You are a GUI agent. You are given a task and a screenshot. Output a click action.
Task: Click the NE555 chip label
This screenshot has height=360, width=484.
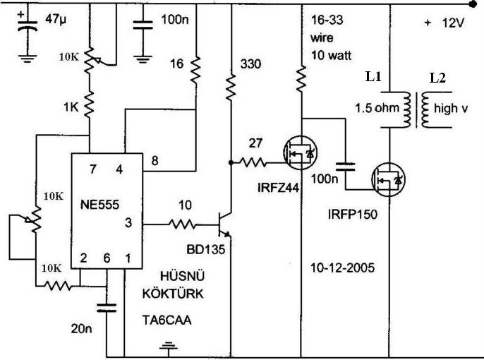coord(99,205)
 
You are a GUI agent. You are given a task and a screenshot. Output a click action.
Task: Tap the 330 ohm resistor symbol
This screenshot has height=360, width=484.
coord(231,87)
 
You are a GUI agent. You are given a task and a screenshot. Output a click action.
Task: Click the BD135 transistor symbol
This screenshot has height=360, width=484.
coord(224,224)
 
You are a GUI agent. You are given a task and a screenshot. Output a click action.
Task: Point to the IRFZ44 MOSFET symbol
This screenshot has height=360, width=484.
coord(300,152)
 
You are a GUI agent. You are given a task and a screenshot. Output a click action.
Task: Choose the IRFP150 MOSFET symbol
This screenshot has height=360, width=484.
coord(388,180)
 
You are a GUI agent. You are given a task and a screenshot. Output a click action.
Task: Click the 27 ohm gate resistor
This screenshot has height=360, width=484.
coord(253,162)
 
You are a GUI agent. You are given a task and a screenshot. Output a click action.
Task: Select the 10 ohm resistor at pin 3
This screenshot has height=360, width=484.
coord(183,224)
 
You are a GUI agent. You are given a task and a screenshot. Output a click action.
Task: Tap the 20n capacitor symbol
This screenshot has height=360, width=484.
coord(107,308)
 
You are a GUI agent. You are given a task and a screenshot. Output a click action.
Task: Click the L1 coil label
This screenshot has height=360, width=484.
coord(373,76)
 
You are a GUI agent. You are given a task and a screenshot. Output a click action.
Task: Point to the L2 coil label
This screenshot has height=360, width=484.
coord(437,78)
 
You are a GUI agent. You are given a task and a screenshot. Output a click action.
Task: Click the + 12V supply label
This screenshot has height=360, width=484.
coord(444,23)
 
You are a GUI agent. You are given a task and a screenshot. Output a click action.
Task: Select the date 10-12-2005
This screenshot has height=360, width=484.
coord(342,268)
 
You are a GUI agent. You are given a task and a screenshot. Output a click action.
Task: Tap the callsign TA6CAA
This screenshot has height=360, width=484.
coord(167,320)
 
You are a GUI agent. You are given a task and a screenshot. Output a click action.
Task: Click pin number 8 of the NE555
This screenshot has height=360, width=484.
coord(155,160)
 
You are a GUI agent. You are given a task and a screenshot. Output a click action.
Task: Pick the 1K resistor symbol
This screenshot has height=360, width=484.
coord(89,104)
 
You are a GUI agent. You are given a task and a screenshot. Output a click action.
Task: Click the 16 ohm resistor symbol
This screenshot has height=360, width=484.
coord(195,71)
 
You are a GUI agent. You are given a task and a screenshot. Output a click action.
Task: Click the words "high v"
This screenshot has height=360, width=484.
coord(451,109)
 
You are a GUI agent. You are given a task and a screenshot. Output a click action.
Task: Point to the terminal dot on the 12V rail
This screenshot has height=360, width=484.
coord(473,4)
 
